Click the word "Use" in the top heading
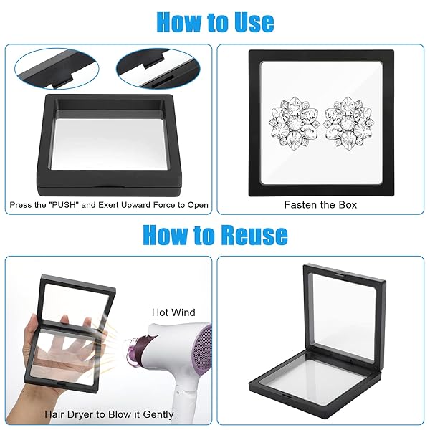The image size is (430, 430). coord(254,22)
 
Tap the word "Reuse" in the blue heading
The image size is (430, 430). coord(254,234)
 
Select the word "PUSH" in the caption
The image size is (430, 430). coord(64,205)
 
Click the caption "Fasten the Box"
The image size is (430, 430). coord(320,205)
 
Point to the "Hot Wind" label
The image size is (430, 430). coord(173,312)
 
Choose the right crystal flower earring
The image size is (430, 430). coord(348,122)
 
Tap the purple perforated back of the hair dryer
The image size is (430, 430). coord(201,352)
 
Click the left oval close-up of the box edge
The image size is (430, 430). coord(57,69)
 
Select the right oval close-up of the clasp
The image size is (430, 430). coord(158,69)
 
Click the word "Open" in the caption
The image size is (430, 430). coord(198,205)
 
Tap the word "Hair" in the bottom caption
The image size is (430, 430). coord(54,414)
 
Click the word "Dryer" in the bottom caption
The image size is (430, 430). coord(77,415)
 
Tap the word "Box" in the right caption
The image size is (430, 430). coord(348,205)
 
